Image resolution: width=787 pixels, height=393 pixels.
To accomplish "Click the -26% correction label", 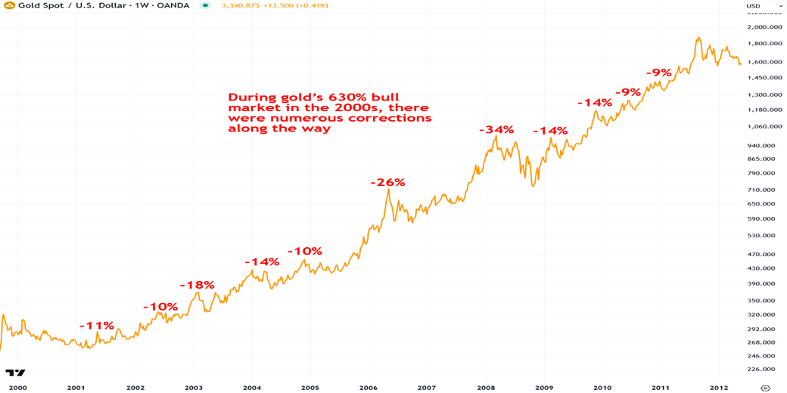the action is click(x=387, y=182).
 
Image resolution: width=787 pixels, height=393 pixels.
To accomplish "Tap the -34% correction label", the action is click(x=496, y=130).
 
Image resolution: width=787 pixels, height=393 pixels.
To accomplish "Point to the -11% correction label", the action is click(x=97, y=325).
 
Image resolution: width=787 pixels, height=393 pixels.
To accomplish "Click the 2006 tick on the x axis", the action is click(x=368, y=388).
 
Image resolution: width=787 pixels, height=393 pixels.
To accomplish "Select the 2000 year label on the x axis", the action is click(x=17, y=388).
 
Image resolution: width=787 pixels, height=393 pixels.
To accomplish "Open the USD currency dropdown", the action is click(x=758, y=6).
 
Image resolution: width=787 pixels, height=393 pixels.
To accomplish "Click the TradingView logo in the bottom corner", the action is click(x=16, y=373).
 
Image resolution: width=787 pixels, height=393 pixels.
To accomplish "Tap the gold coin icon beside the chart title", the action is click(x=7, y=6).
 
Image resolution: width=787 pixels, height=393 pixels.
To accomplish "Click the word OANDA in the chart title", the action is click(x=179, y=6).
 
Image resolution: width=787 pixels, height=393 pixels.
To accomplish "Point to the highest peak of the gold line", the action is click(x=698, y=37).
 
